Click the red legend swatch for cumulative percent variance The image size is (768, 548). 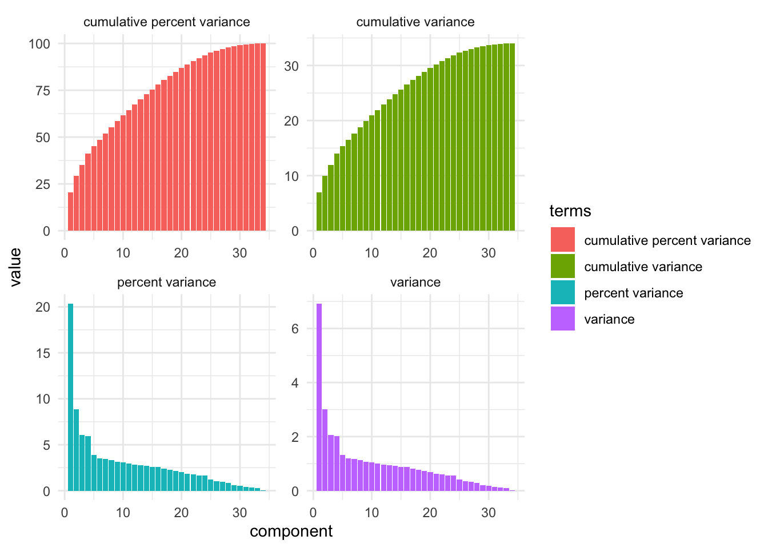562,240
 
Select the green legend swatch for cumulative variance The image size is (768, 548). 562,266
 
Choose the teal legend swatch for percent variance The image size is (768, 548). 562,292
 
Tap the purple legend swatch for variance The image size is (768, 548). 562,319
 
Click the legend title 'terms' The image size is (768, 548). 570,211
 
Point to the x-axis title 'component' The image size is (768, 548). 291,531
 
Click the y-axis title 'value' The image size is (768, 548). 15,267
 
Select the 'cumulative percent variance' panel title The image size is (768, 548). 166,22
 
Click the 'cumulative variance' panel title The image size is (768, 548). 415,22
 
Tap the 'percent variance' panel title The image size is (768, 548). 166,283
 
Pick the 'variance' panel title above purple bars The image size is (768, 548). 415,283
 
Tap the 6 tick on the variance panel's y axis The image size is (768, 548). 295,329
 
